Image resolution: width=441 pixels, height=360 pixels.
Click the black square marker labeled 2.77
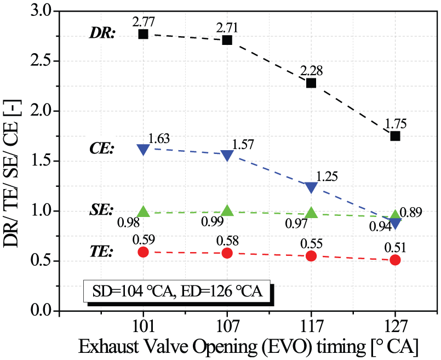(x=143, y=35)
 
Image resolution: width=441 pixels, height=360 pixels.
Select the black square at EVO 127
(x=395, y=136)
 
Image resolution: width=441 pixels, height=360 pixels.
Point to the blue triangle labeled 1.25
(x=311, y=187)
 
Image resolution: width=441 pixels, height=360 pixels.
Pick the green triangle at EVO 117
(x=311, y=213)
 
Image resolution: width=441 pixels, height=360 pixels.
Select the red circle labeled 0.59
(x=143, y=252)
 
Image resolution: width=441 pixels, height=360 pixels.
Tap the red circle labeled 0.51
(x=395, y=260)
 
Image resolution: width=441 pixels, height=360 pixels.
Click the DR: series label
(x=102, y=34)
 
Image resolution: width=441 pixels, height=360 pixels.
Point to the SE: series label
(x=101, y=210)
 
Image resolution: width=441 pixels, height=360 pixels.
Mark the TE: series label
(x=101, y=252)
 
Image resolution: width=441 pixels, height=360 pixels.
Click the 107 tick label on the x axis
(x=227, y=326)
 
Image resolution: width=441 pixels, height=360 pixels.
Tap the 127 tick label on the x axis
(x=395, y=326)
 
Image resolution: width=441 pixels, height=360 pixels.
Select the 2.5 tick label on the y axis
(x=41, y=61)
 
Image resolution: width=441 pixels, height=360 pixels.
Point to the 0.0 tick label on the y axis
(x=41, y=311)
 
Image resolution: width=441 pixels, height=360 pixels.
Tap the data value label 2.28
(x=311, y=71)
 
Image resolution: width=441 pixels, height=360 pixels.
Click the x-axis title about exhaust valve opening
(x=248, y=347)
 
